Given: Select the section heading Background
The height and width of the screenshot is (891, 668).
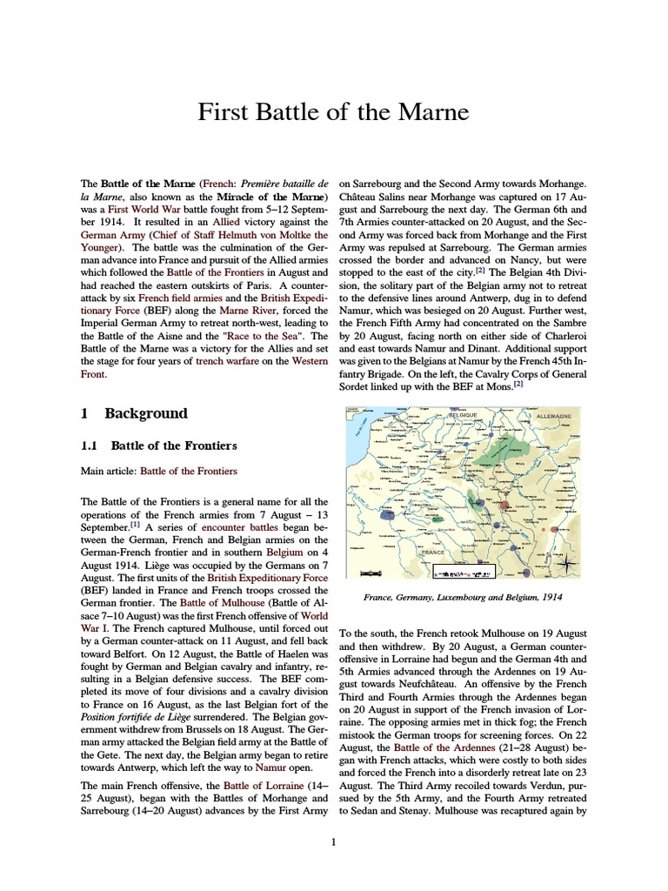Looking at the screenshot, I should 146,413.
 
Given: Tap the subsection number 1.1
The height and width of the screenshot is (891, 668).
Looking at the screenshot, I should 90,445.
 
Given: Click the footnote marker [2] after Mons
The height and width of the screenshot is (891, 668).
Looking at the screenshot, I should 518,383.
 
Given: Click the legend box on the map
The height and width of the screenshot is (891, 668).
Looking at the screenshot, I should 464,573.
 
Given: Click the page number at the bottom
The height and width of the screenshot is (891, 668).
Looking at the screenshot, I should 334,841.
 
